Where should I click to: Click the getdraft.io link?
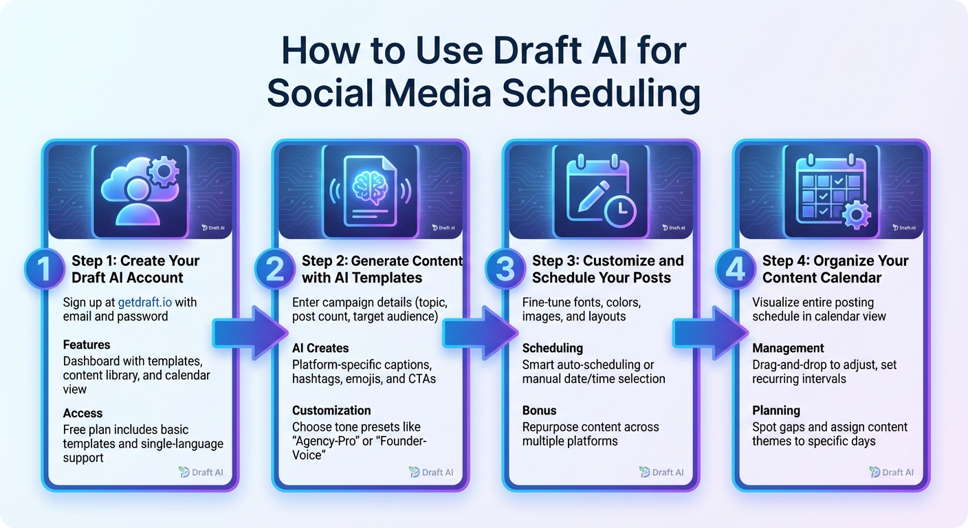[147, 302]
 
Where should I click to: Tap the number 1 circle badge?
[45, 269]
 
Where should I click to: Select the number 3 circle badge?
[505, 269]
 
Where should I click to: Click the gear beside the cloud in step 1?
[163, 171]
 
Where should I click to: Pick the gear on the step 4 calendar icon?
[855, 214]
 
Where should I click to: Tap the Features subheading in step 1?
[87, 344]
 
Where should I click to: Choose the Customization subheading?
[331, 410]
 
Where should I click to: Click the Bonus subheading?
[539, 410]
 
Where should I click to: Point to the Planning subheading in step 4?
[776, 410]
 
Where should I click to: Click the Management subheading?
[788, 348]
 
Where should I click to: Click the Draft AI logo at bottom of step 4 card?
[892, 472]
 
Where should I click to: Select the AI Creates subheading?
[320, 348]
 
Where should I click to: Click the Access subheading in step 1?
[82, 413]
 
